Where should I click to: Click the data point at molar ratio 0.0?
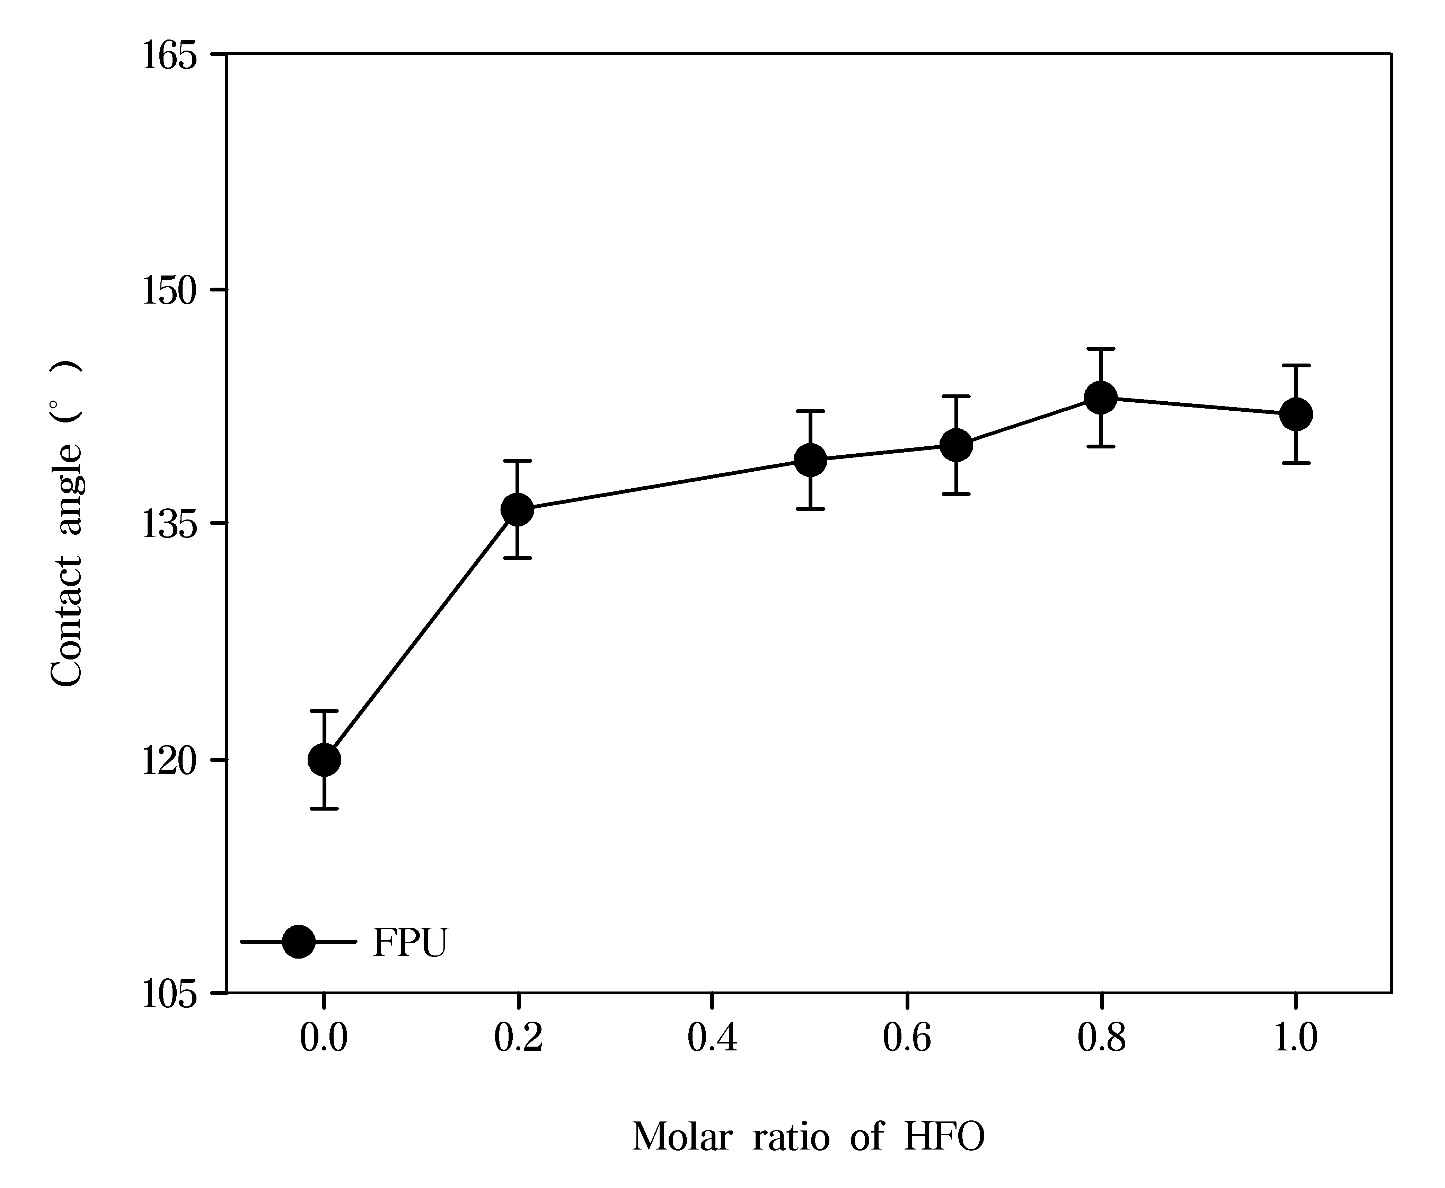(x=324, y=760)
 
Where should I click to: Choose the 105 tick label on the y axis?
(x=170, y=995)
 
